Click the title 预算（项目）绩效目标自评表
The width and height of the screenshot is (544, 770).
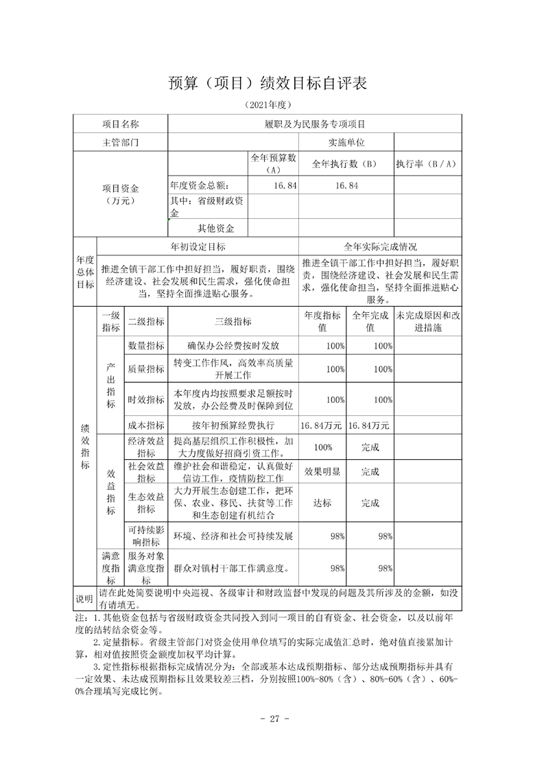[268, 82]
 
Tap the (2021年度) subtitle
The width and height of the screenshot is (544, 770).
[268, 105]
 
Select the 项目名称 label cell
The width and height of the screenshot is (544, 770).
[121, 124]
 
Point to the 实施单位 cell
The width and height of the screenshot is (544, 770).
[346, 143]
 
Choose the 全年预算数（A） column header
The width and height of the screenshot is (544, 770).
[273, 163]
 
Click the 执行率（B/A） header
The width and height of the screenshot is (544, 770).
[426, 164]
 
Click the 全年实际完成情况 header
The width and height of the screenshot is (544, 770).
[379, 246]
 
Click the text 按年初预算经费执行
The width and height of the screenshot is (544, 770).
[233, 425]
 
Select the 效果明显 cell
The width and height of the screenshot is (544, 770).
[322, 471]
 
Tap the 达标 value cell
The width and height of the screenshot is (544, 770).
[322, 503]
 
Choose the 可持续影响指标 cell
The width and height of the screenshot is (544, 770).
[146, 535]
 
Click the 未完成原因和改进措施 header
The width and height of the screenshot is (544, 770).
[429, 322]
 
